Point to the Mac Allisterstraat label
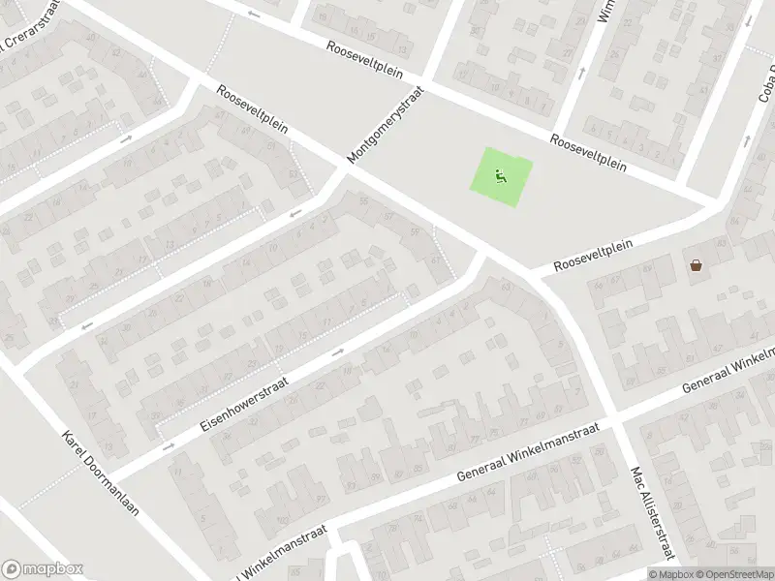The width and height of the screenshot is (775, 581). [x=651, y=514]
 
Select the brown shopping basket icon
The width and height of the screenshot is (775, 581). [x=696, y=264]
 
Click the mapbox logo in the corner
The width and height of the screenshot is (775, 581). [x=43, y=569]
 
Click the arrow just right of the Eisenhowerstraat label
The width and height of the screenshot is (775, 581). [x=337, y=352]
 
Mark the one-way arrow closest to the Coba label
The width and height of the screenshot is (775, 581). [x=748, y=140]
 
